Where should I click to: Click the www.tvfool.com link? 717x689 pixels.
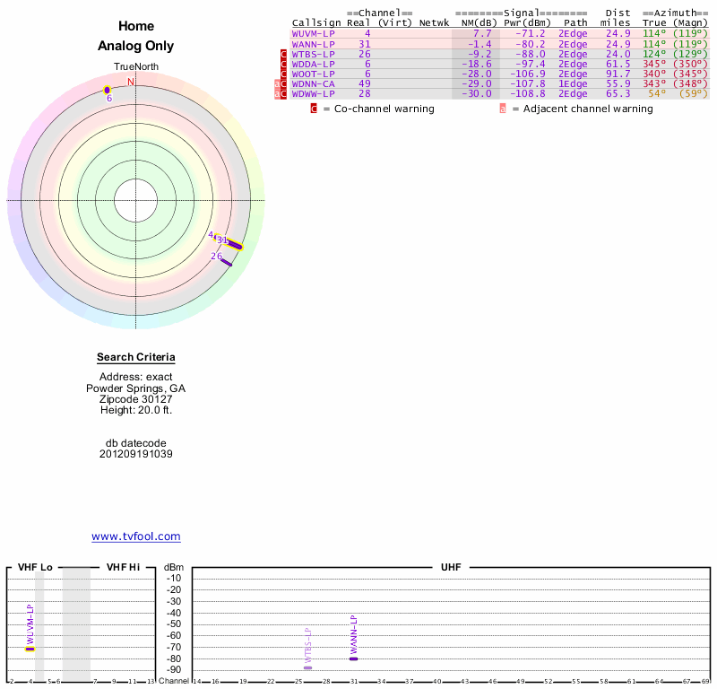tap(136, 536)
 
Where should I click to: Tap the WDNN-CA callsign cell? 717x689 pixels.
tap(314, 83)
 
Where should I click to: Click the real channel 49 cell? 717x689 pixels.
tap(364, 83)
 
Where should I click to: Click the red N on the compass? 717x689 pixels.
tap(131, 83)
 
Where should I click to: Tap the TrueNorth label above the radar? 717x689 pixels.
tap(136, 67)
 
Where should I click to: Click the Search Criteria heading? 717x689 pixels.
tap(136, 357)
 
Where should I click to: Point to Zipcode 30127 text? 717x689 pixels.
tap(136, 399)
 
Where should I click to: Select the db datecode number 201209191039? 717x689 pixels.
tap(136, 454)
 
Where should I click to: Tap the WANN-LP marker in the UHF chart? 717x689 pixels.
tap(353, 658)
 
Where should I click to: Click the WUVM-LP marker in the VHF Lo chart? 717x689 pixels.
tap(30, 649)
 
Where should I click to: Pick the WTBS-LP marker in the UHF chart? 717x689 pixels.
tap(307, 667)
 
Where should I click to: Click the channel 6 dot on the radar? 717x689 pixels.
tap(107, 90)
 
